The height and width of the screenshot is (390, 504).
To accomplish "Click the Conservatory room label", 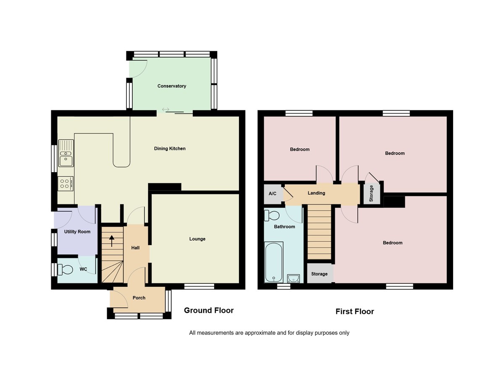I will (172, 86).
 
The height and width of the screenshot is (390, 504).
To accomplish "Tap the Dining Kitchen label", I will (170, 149).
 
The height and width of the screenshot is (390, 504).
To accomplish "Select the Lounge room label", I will (197, 239).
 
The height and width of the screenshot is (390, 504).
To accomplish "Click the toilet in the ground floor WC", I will (65, 269).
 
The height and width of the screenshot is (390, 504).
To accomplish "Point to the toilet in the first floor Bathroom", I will (272, 215).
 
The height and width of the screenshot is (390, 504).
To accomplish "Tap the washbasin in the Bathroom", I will (293, 278).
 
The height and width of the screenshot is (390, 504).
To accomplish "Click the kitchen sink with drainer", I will (66, 153).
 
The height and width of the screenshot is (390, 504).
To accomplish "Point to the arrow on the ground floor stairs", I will (112, 241).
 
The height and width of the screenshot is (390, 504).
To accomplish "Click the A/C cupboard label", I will (273, 194).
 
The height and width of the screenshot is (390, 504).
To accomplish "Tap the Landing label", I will (316, 193).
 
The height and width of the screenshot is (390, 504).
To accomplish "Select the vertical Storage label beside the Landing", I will (371, 194).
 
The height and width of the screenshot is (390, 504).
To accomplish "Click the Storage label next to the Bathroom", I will (319, 274).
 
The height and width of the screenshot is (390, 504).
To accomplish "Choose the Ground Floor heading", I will (209, 310).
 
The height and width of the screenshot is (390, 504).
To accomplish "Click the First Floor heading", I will (354, 311).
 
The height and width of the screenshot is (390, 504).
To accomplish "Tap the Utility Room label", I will (77, 232).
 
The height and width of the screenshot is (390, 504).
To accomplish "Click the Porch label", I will (139, 298).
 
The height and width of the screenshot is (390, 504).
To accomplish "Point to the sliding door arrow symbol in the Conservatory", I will (165, 110).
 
